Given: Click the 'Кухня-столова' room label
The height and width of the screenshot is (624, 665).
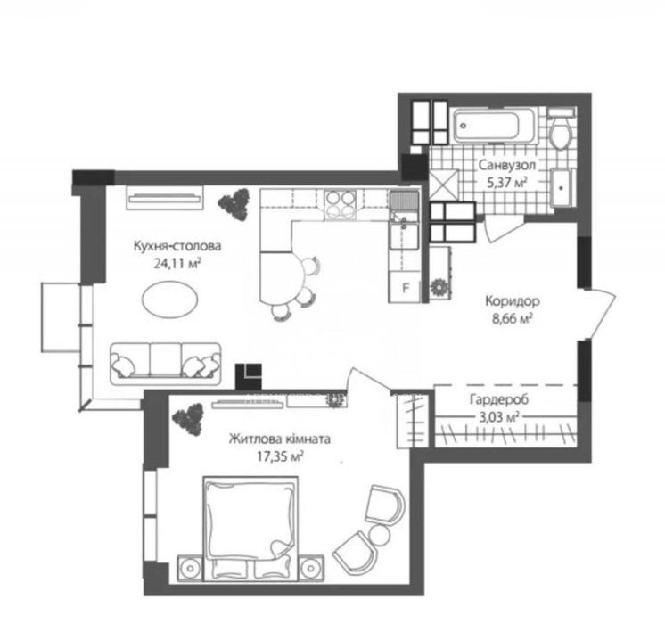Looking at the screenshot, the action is (177, 246).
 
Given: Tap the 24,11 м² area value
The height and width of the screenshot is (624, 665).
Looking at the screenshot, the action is (177, 264).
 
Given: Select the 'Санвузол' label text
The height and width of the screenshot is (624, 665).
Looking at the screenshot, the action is (507, 165).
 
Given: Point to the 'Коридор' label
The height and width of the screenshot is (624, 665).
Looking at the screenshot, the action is (513, 301).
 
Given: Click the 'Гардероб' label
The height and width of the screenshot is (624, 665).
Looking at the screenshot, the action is (499, 399).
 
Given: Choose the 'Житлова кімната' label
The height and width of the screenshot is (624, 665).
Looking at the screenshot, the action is (280, 439).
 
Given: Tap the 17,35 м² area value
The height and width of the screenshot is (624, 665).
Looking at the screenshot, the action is (280, 456).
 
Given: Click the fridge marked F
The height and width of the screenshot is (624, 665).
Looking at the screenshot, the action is (405, 288).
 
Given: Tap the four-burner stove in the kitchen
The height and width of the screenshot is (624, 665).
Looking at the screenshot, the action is (341, 205).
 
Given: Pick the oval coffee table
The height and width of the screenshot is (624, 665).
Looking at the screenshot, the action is (169, 299).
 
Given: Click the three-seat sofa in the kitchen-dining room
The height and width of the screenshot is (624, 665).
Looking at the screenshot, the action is (166, 364).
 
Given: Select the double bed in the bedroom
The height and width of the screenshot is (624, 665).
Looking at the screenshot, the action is (250, 528).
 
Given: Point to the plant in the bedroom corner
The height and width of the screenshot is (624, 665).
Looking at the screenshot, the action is (187, 418).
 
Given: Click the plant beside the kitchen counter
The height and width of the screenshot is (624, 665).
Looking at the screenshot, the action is (234, 204).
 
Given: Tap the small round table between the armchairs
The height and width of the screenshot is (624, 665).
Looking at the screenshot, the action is (379, 534).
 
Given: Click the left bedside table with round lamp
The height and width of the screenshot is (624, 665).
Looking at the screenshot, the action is (191, 568).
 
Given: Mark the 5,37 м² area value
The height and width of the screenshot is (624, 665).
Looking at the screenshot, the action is (507, 183).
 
